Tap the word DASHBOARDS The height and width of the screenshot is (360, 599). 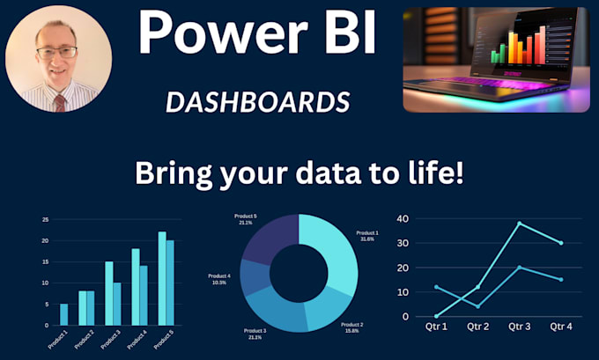pyautogui.click(x=257, y=102)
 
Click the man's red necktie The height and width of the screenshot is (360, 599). pyautogui.click(x=59, y=102)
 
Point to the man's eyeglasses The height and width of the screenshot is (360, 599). pyautogui.click(x=57, y=52)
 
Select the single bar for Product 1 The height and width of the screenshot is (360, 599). pyautogui.click(x=63, y=313)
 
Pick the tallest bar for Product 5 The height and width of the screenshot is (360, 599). pyautogui.click(x=162, y=277)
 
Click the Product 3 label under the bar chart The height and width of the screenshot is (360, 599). pyautogui.click(x=109, y=338)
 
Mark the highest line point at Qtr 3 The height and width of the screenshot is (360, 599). pyautogui.click(x=520, y=224)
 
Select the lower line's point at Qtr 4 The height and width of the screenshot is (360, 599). pyautogui.click(x=560, y=279)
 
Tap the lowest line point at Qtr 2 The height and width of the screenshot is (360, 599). pyautogui.click(x=477, y=306)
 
